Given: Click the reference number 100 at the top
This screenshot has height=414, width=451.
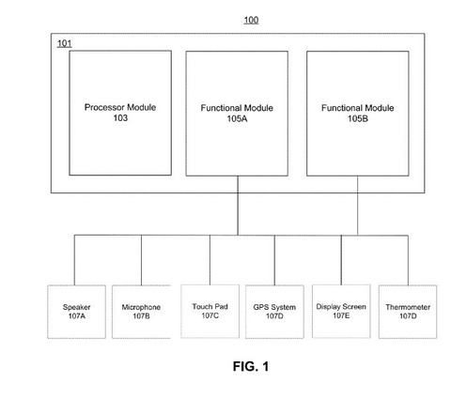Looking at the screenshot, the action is [251, 21].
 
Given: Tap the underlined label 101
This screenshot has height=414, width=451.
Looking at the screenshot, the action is [65, 43].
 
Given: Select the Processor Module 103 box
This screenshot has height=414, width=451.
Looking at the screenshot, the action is [120, 113].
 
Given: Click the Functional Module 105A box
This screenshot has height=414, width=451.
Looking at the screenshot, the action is [237, 114].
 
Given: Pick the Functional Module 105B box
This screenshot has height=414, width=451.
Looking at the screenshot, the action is [358, 114].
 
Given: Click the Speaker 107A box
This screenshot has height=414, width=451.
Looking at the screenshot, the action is [76, 312].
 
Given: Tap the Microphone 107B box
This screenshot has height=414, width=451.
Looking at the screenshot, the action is [141, 312].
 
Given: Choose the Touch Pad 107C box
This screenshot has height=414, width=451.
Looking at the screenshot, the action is [210, 312].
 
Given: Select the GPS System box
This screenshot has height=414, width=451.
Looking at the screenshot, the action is [274, 312].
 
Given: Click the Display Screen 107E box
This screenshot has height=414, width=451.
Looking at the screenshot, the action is [341, 312].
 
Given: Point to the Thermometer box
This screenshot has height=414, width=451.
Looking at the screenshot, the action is [408, 312].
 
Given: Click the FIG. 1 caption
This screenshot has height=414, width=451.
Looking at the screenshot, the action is [251, 366].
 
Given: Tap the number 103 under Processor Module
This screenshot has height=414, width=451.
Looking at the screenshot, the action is [120, 118].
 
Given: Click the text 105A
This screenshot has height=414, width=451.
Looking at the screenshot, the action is [237, 118].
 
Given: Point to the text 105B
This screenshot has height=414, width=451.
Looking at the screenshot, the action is [358, 118].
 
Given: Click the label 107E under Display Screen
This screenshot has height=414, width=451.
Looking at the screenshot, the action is [341, 315].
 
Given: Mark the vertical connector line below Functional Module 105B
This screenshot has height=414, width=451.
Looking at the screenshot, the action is [357, 206].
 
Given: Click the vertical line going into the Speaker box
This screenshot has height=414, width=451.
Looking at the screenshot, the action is [74, 260].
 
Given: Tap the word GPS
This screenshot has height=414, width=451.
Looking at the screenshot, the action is [261, 307].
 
